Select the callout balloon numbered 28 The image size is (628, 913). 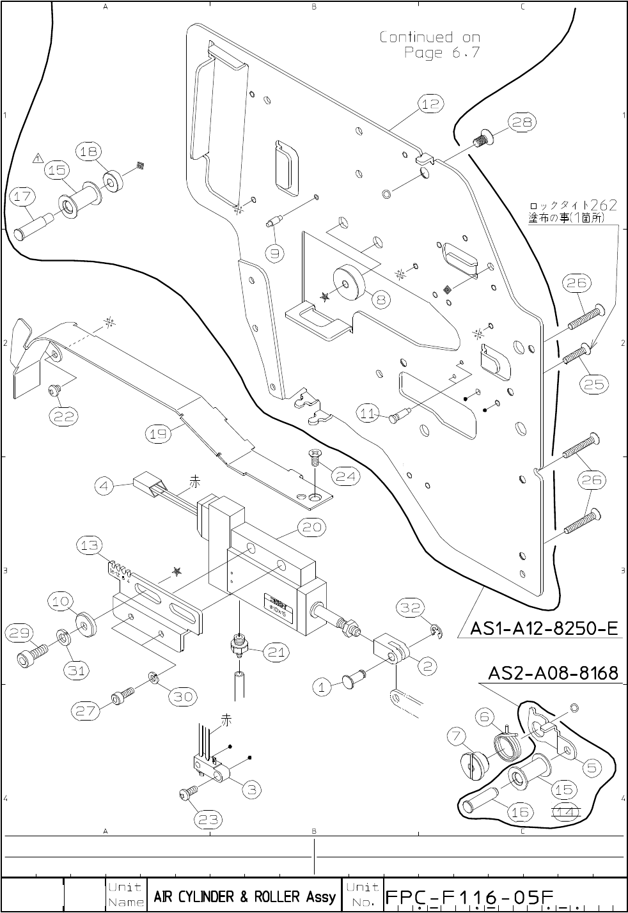(522, 122)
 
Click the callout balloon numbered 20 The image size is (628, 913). (311, 527)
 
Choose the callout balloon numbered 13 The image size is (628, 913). (90, 545)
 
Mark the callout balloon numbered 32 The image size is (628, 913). (411, 607)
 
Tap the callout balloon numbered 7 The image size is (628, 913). (457, 737)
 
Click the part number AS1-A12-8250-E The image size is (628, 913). (544, 629)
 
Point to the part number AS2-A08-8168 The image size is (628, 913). (553, 673)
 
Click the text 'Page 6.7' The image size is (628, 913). (441, 52)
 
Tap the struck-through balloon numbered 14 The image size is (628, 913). (565, 812)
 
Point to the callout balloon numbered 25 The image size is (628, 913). (595, 384)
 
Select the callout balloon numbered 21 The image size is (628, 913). (276, 652)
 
